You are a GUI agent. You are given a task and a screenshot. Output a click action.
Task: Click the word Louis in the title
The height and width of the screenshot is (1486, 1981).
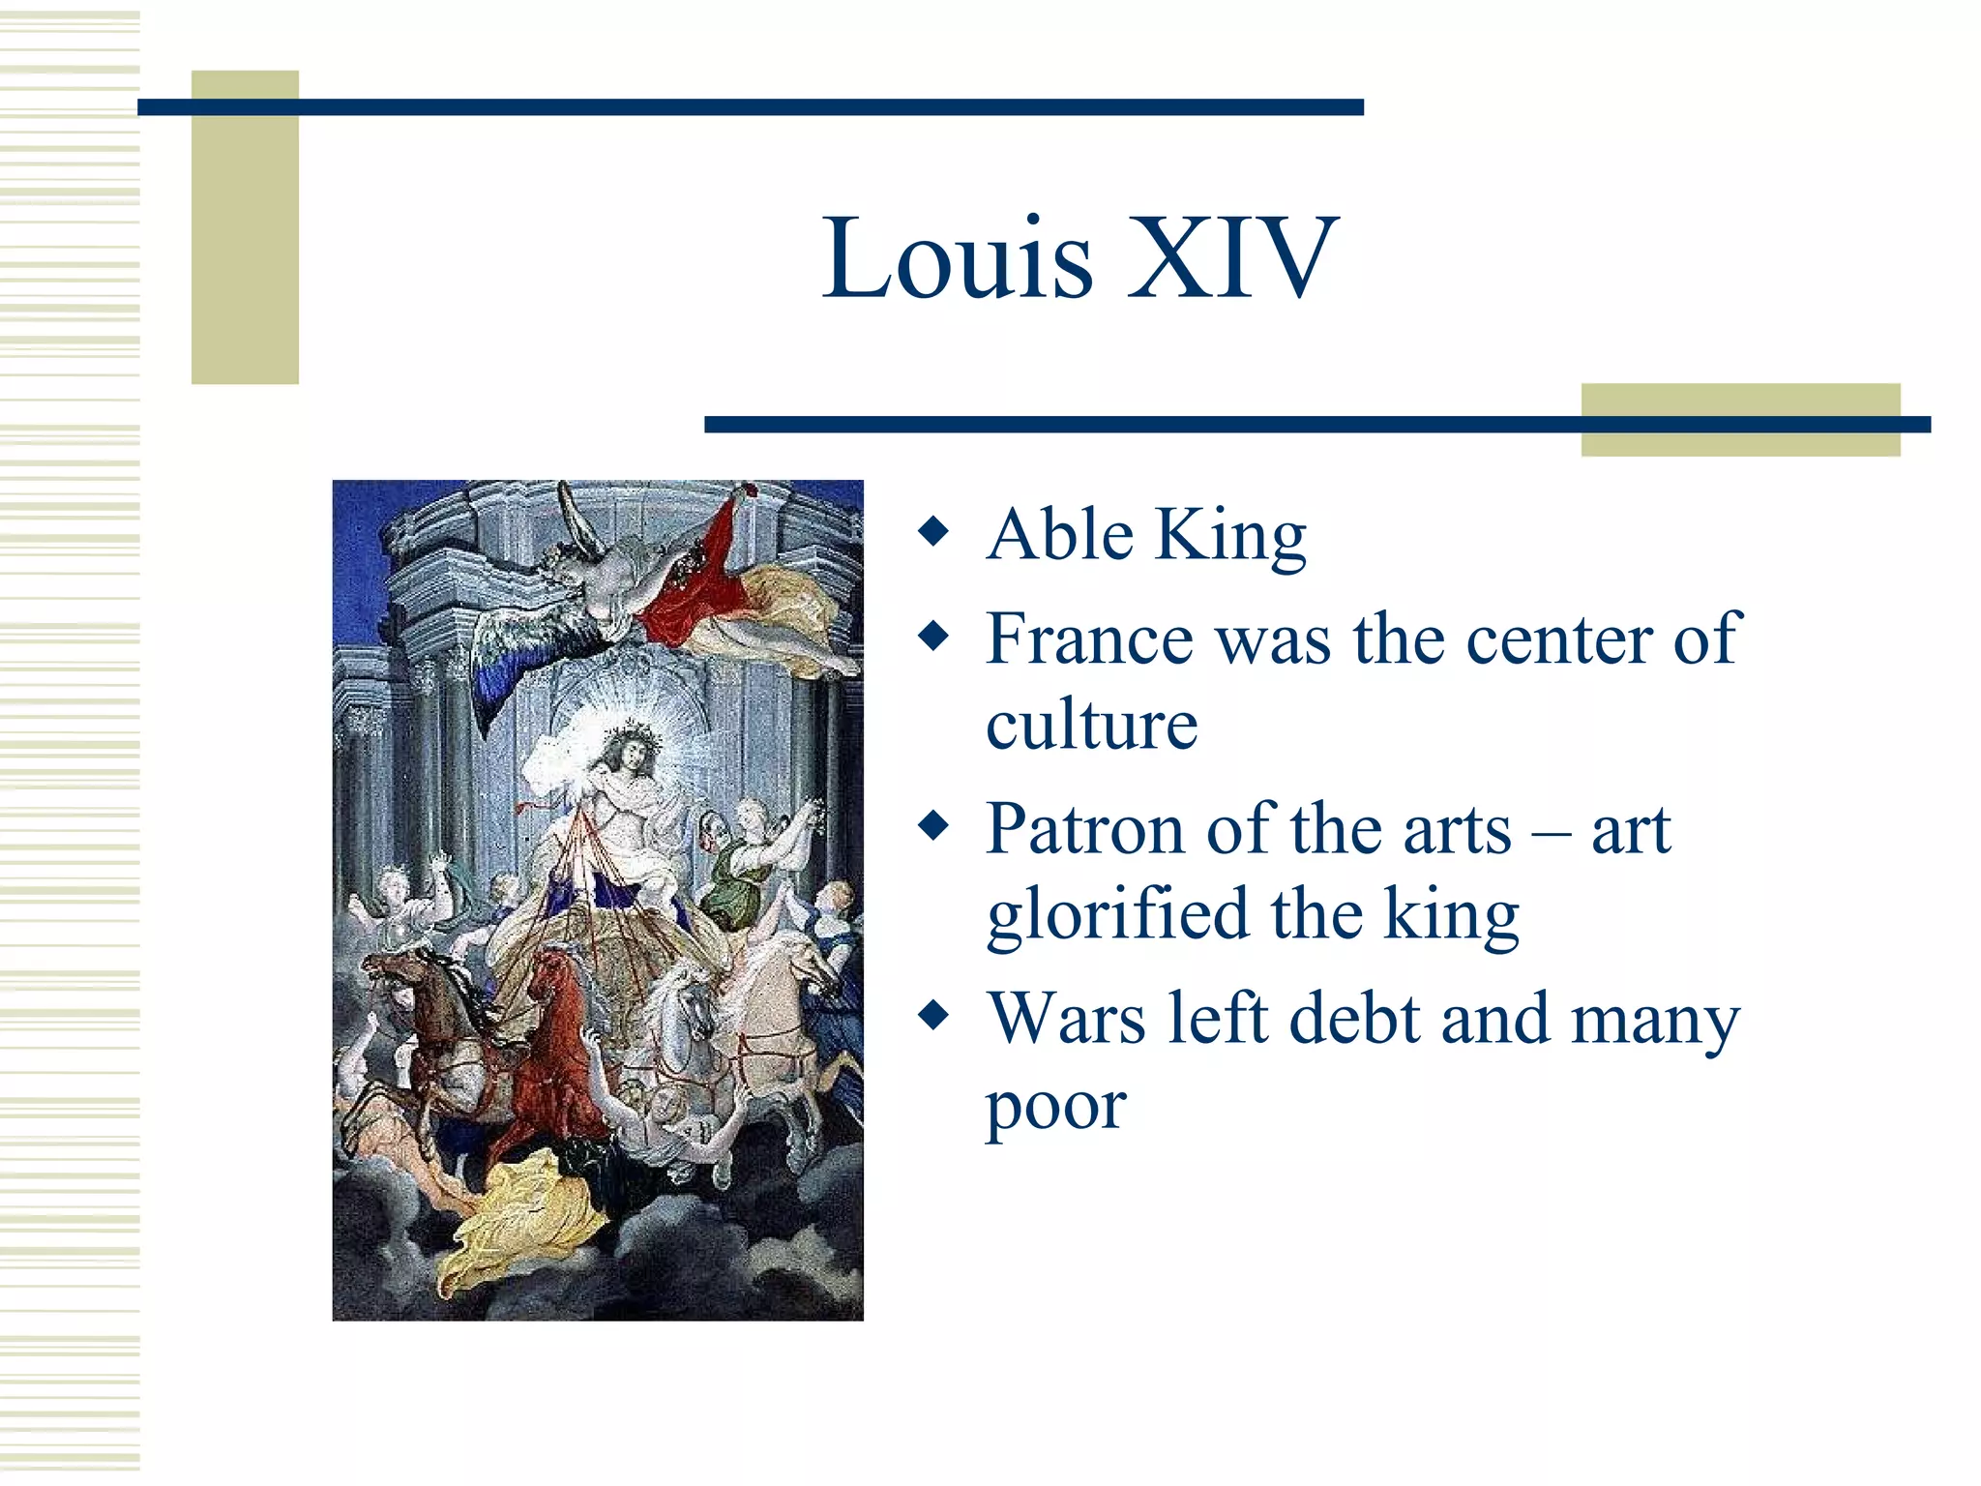(x=958, y=259)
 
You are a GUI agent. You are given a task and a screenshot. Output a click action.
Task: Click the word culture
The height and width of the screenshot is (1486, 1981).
(x=1092, y=725)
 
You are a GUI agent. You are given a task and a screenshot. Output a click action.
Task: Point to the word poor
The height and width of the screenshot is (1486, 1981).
(x=1055, y=1105)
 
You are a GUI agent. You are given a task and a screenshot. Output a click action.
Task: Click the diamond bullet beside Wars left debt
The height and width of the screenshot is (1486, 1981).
(x=933, y=1016)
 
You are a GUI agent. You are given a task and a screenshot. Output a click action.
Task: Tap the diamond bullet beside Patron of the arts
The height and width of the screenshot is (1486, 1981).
(x=933, y=826)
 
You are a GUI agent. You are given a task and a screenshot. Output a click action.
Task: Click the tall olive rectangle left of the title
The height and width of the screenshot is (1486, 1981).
(x=245, y=227)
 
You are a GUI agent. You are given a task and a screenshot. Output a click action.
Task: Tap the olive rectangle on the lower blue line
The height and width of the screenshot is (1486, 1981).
(x=1740, y=420)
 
